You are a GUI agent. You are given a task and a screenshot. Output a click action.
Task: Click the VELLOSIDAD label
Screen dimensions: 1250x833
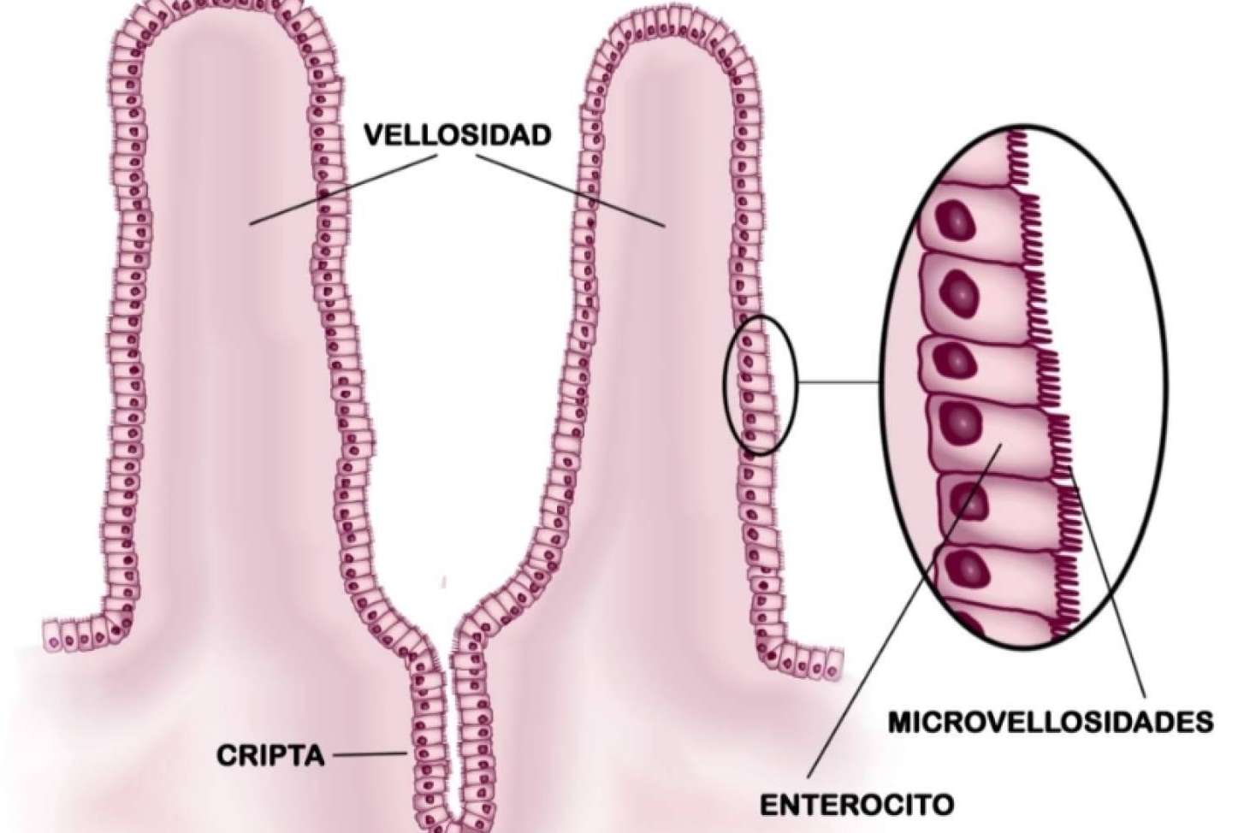tap(458, 135)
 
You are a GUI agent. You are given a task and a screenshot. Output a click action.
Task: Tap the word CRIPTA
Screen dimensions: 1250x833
tap(270, 756)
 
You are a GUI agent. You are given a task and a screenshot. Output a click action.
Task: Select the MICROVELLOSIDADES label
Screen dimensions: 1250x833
tap(1051, 722)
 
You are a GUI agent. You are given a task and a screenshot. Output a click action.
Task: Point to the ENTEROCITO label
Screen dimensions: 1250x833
tap(857, 805)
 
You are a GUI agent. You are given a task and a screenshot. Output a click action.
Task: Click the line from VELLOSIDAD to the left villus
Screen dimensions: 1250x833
tap(343, 190)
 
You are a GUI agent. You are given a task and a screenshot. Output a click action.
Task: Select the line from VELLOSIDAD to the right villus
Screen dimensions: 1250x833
tap(571, 191)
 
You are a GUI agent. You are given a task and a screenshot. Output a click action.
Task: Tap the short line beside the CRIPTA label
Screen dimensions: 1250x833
tap(371, 754)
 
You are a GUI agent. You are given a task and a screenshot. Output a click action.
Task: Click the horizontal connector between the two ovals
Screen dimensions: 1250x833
tap(838, 383)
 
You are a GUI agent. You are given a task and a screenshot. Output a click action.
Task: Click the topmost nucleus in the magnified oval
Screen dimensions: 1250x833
tap(956, 219)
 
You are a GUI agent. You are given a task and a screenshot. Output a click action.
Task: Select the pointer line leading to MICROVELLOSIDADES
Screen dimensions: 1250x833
tap(1108, 593)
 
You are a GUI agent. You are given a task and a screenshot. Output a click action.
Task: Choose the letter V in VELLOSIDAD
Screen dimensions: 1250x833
tap(375, 136)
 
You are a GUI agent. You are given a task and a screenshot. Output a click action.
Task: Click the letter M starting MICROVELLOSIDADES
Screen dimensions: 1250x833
tap(901, 723)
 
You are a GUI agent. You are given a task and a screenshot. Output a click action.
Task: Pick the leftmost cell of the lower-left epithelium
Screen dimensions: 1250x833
tap(53, 635)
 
